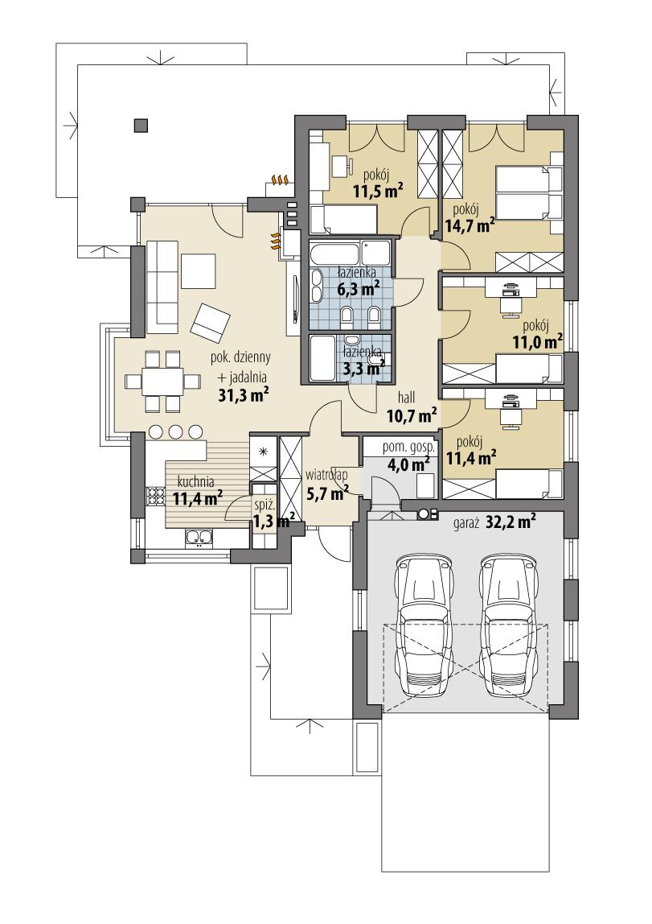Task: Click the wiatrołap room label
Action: [x=326, y=483]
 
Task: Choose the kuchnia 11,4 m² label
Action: [x=196, y=489]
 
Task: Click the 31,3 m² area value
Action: [x=243, y=394]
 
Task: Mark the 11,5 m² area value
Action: [x=378, y=190]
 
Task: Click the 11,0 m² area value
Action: [x=537, y=342]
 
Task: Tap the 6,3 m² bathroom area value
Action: [x=358, y=287]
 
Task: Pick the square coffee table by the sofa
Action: [x=199, y=270]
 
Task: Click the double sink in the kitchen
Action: [x=198, y=537]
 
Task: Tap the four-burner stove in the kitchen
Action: [x=154, y=497]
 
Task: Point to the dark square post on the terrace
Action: [x=141, y=125]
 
